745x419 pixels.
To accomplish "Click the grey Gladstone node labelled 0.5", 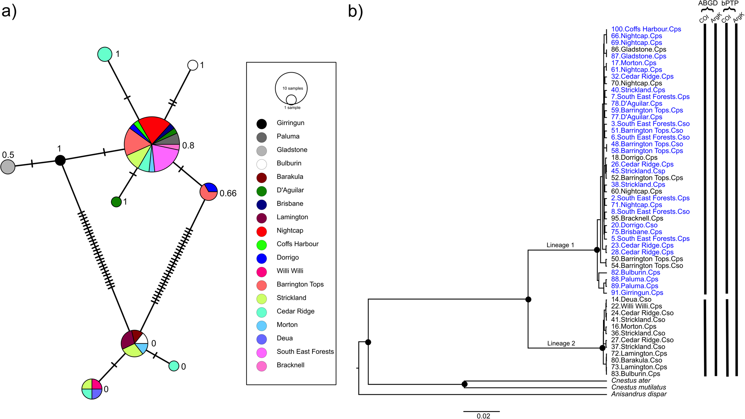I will (8, 167).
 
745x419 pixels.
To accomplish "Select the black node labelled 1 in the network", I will (60, 160).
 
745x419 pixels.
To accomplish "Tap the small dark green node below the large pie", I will (116, 202).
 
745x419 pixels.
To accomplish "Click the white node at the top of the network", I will (193, 65).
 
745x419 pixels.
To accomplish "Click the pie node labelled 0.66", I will (209, 191).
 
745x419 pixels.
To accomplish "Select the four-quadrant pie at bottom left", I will (92, 389).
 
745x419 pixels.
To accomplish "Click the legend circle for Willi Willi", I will (261, 272).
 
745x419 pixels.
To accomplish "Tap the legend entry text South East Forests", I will (305, 352).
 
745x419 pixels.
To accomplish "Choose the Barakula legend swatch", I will (261, 177).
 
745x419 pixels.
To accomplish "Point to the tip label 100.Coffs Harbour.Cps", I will (646, 29).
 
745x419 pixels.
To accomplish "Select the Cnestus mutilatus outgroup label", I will (638, 387).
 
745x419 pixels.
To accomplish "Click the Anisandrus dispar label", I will (639, 394).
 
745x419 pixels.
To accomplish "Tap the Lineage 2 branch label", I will (561, 343).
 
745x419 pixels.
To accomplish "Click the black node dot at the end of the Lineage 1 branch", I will (597, 250).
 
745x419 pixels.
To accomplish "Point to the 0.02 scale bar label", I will (483, 416).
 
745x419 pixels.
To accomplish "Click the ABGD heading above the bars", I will (708, 3).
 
